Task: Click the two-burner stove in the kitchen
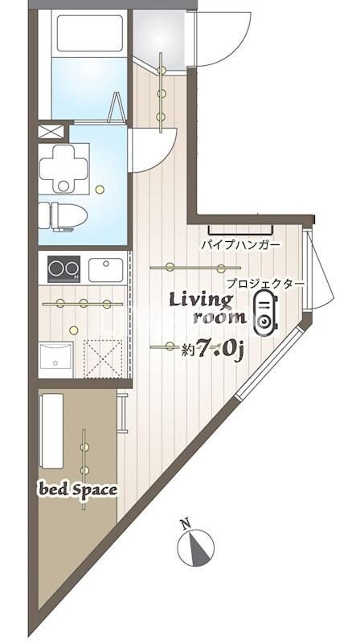click(x=63, y=268)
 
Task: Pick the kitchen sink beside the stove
click(x=104, y=268)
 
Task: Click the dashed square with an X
click(x=102, y=357)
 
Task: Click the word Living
click(x=200, y=300)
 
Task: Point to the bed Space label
click(x=79, y=489)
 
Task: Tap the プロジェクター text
click(x=264, y=283)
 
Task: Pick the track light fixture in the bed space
click(x=85, y=454)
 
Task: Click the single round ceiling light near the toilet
click(x=100, y=190)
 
